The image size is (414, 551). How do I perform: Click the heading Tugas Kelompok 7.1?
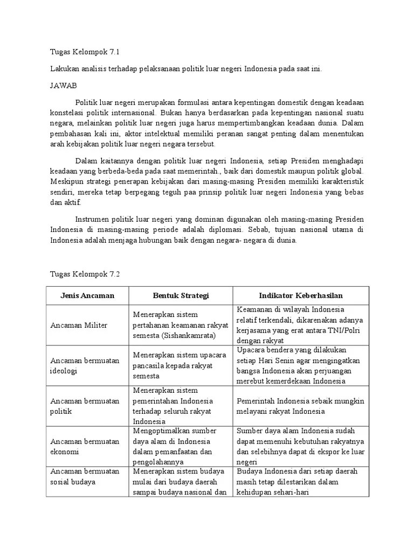(x=84, y=52)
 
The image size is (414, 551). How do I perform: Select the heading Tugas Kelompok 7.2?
(x=84, y=273)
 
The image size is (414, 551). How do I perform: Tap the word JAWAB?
(x=64, y=85)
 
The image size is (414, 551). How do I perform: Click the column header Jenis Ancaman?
(x=87, y=296)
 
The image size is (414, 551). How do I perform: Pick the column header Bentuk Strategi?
(x=181, y=296)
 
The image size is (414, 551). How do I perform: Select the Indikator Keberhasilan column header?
(x=300, y=296)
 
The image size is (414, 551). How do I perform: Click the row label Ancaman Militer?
(x=79, y=325)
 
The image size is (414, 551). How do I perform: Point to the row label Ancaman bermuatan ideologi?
(x=85, y=366)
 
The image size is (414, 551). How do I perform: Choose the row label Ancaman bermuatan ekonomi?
(x=85, y=447)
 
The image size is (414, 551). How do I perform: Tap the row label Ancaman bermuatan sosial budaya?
(x=85, y=477)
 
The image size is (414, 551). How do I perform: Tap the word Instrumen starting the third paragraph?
(x=92, y=219)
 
